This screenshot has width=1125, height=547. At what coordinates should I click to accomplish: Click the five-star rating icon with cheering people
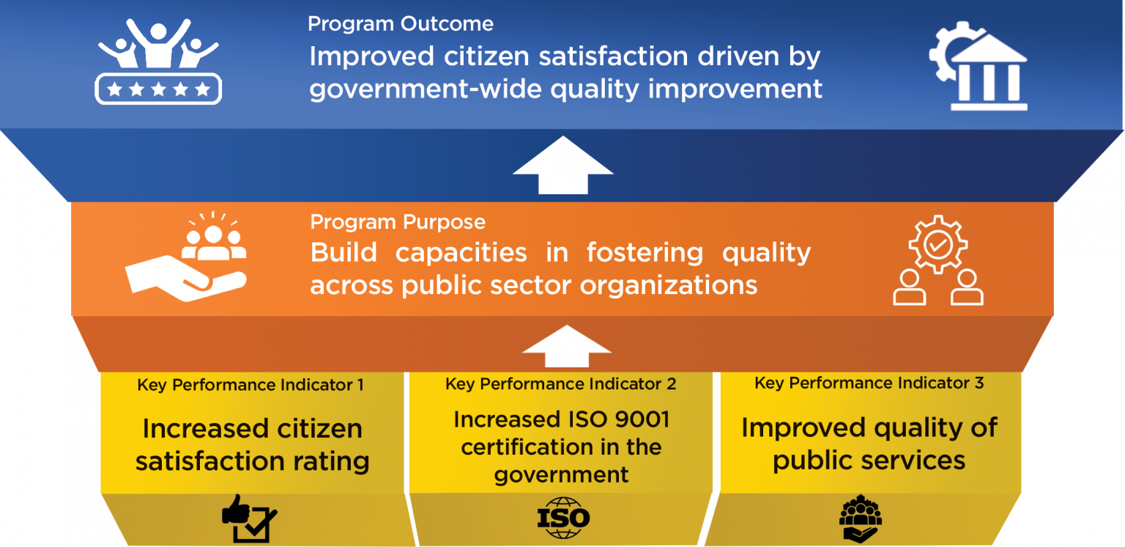pos(158,62)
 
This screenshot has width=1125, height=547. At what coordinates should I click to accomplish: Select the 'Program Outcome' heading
pos(400,23)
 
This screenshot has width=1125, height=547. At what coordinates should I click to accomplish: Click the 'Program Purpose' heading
pos(397,222)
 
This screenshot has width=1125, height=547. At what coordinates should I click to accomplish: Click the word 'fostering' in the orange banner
pos(645,252)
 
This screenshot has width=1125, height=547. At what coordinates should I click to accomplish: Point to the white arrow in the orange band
pos(566,347)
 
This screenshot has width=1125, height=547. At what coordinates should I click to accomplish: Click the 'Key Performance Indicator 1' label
pos(250,385)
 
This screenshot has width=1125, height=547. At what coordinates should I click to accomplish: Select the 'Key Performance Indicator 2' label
pos(560,383)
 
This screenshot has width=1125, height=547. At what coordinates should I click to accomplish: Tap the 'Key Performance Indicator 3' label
pos(869,383)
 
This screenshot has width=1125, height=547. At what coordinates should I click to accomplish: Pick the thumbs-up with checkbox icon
pos(249,519)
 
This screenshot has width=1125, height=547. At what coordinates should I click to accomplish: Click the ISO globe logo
pos(563,518)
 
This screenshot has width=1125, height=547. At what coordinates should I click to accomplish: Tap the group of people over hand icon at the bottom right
pos(861,519)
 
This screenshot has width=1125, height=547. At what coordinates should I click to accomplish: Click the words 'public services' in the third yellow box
pos(869,460)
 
